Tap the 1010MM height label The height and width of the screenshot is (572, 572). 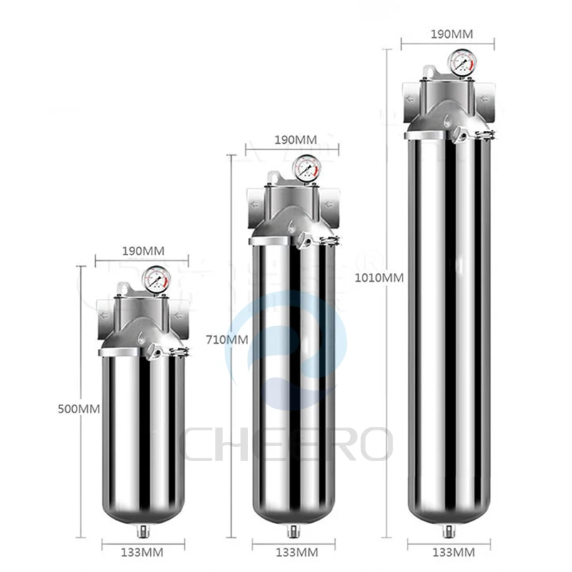[379, 277]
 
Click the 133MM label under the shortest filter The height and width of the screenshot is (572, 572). [142, 552]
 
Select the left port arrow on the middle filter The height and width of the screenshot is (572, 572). [255, 204]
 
